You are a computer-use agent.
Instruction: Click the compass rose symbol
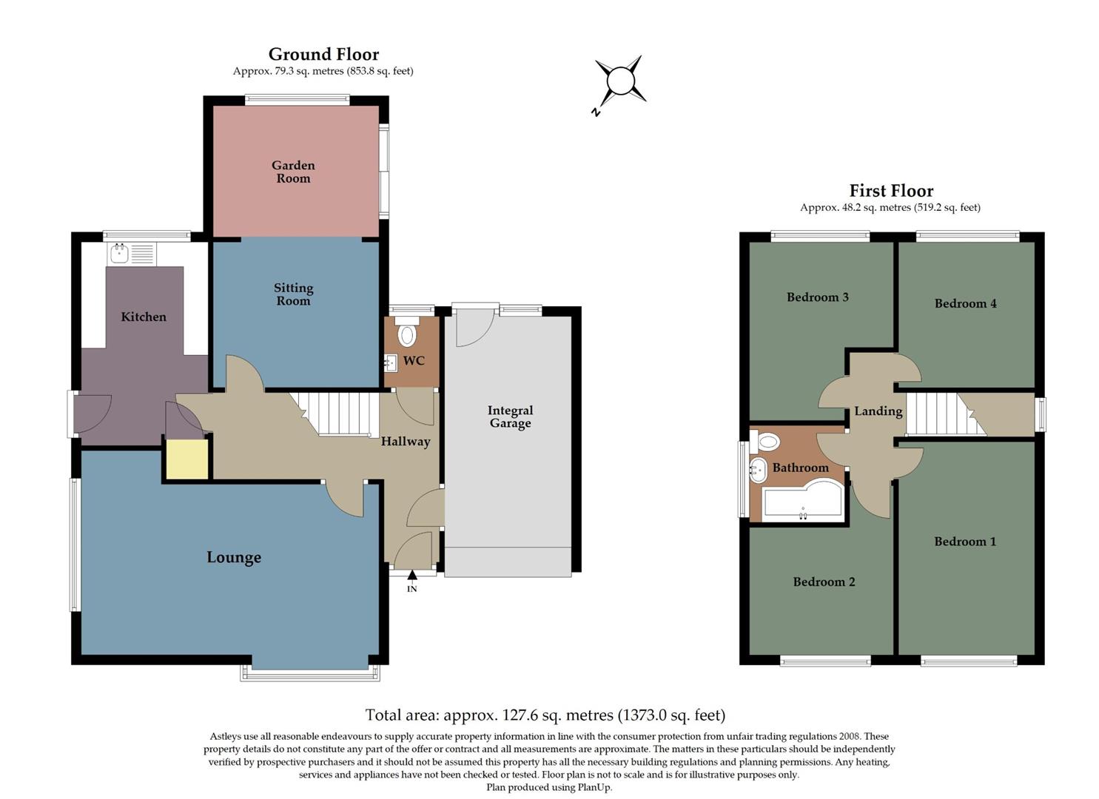tap(619, 81)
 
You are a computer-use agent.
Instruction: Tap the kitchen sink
tap(119, 254)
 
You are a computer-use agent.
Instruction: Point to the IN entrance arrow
tap(412, 576)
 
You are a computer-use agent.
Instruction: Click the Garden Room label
tap(293, 172)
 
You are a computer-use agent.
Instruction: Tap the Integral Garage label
tap(510, 417)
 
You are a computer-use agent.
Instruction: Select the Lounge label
tap(234, 558)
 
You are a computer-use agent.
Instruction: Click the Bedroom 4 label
tap(965, 303)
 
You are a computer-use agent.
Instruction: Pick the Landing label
tap(878, 411)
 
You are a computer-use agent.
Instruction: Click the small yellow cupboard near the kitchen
tap(186, 460)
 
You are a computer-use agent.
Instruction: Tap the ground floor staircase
tap(339, 414)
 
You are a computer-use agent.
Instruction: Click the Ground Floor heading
tap(323, 54)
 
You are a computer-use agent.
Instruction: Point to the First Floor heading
tap(891, 191)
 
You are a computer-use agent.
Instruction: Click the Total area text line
tap(545, 715)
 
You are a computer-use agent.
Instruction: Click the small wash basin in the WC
tap(391, 363)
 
